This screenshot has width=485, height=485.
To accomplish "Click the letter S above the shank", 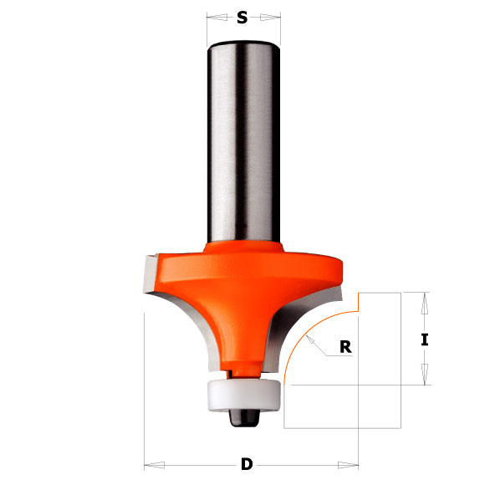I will [242, 17].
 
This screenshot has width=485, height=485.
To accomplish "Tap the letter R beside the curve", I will [345, 348].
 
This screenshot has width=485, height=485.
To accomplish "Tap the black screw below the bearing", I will [243, 415].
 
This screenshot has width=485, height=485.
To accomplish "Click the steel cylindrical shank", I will [243, 142].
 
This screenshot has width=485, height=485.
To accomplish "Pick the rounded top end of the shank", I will [243, 43].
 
